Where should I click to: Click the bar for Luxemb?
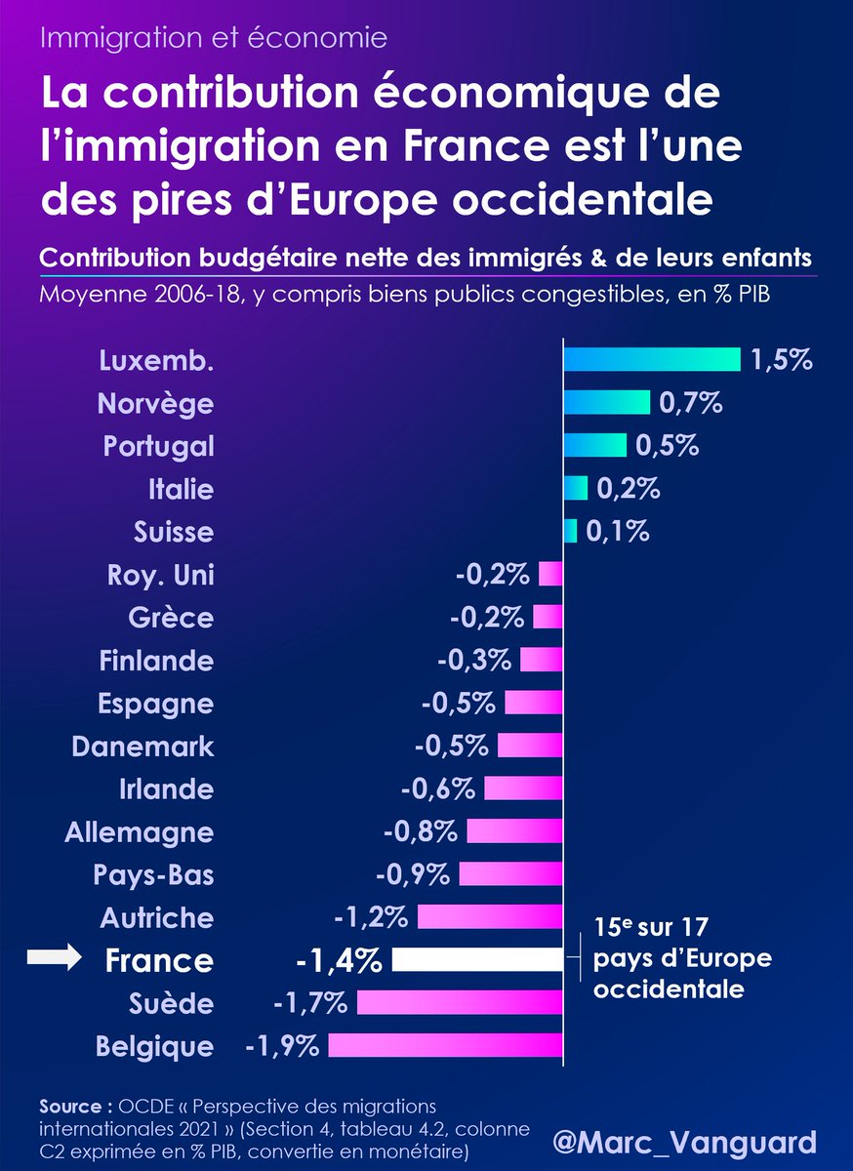click(x=651, y=359)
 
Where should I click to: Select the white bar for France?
click(x=477, y=960)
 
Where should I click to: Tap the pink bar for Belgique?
click(x=445, y=1046)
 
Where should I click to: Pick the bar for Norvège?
click(x=606, y=402)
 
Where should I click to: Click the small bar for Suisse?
click(x=570, y=531)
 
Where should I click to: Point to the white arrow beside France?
click(x=55, y=960)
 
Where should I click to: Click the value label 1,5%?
click(x=782, y=359)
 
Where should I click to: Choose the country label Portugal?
click(x=158, y=446)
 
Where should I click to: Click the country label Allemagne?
click(x=139, y=832)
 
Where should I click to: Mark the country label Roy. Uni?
click(x=160, y=575)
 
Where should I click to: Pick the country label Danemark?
click(x=142, y=747)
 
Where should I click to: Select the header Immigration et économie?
click(x=215, y=39)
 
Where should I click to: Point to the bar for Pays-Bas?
click(x=510, y=874)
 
